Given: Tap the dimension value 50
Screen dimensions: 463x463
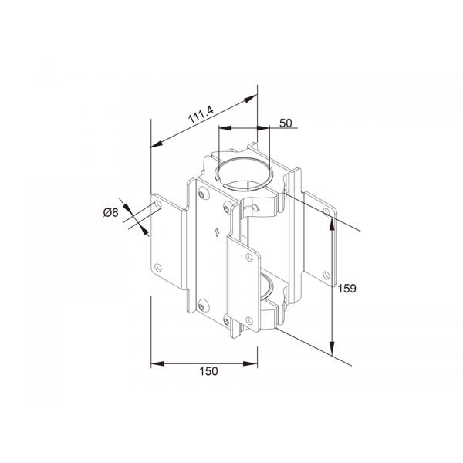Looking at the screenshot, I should (x=285, y=123).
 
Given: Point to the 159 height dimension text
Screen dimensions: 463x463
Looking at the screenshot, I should (x=347, y=289).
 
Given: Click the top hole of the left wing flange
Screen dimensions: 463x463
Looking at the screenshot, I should (x=159, y=204).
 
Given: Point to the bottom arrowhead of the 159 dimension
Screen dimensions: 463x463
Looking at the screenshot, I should (x=333, y=348).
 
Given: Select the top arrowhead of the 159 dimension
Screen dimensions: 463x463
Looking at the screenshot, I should (x=333, y=221).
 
